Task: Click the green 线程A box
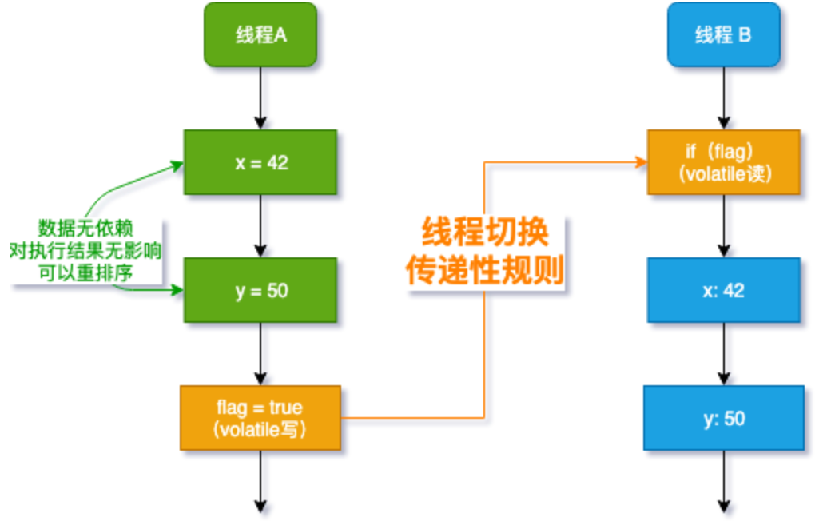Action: coord(260,34)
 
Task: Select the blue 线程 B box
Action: coord(723,34)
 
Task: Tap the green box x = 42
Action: coord(260,162)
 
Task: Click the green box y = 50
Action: coord(260,290)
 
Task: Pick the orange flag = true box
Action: coord(260,418)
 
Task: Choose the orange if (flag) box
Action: coord(723,162)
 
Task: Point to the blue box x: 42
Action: coord(723,290)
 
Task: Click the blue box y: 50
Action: coord(723,418)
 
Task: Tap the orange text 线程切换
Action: coord(485,234)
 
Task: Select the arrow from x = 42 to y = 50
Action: coord(260,226)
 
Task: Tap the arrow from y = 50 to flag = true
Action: coord(260,353)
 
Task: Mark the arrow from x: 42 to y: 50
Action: coord(723,354)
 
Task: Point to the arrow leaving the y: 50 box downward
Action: coord(723,479)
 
